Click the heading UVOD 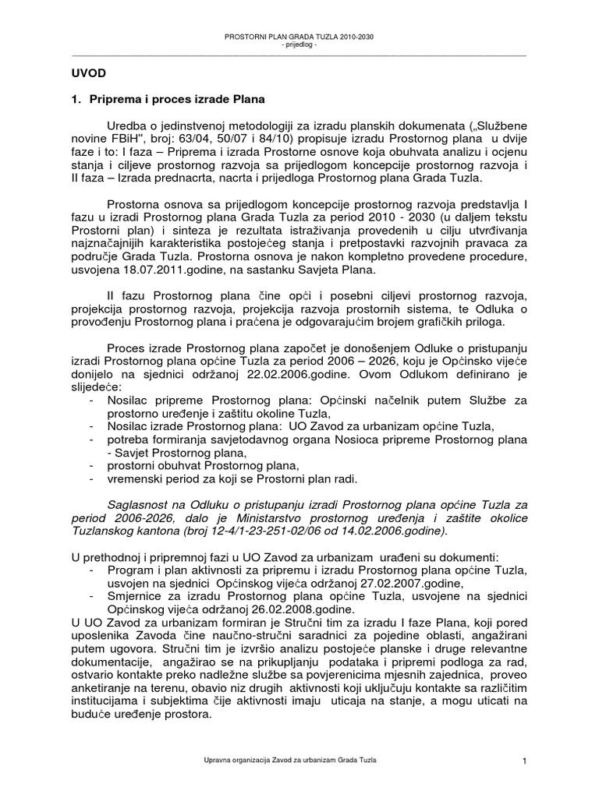[84, 73]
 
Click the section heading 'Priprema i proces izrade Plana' [175, 100]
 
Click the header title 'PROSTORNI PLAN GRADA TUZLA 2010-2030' [299, 37]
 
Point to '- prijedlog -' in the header [299, 44]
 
